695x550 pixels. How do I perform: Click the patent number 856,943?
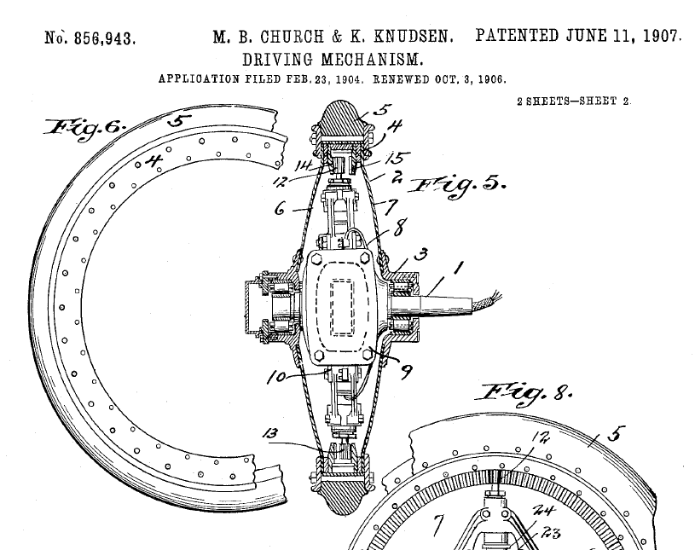104,38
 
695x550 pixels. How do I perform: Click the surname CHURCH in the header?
292,37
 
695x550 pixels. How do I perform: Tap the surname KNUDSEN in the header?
413,37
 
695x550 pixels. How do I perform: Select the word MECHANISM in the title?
372,60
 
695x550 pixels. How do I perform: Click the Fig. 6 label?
84,129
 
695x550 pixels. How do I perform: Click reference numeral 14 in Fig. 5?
304,165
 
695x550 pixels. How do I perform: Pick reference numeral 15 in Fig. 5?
397,158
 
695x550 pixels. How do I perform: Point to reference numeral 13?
271,433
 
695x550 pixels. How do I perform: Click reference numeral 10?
276,378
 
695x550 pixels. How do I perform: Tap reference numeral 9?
406,371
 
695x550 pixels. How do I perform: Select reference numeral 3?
421,254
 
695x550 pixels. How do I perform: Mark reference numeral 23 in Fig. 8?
551,532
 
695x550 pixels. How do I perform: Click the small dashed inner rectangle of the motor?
342,307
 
